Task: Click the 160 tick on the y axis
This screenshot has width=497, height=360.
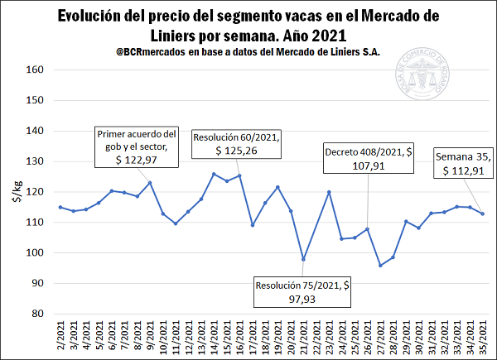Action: [34, 70]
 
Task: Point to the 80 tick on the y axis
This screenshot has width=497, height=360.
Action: [36, 314]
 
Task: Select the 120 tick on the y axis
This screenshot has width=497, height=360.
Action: [34, 192]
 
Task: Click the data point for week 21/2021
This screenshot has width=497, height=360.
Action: [303, 259]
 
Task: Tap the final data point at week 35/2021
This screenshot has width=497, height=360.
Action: [483, 214]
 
